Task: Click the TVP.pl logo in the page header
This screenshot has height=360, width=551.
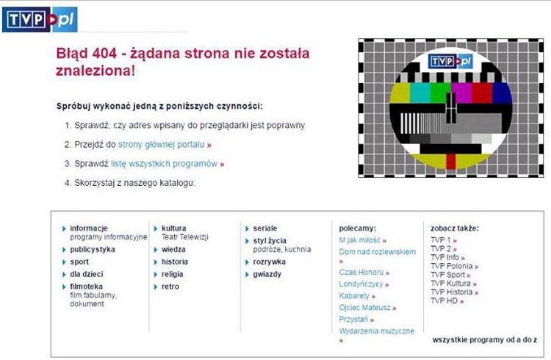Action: [40, 20]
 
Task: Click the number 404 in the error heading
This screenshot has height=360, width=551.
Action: [104, 54]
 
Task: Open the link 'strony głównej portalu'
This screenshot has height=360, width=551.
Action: [162, 145]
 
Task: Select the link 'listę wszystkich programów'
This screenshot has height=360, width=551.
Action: [164, 164]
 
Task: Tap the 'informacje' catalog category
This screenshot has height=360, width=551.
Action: [89, 228]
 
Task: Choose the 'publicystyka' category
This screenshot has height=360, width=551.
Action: [93, 249]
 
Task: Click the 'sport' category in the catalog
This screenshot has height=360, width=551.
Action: [79, 262]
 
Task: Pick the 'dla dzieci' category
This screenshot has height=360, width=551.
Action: [87, 274]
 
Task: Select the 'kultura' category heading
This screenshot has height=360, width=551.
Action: [174, 228]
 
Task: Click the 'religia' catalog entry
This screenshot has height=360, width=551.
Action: [172, 274]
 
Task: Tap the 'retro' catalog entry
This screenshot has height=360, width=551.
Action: [170, 287]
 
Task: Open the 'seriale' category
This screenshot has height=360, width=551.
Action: [265, 228]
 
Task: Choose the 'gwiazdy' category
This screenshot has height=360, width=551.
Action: [267, 274]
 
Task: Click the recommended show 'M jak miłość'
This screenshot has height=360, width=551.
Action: [359, 240]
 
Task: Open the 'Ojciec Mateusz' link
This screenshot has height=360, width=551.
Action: [364, 308]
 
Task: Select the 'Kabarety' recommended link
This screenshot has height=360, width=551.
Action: [354, 295]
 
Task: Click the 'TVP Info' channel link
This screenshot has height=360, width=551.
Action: [445, 257]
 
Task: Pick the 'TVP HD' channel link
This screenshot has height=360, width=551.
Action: [444, 301]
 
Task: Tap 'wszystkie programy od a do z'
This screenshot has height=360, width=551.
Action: [485, 340]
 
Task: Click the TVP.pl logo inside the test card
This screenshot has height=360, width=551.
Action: [450, 62]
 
